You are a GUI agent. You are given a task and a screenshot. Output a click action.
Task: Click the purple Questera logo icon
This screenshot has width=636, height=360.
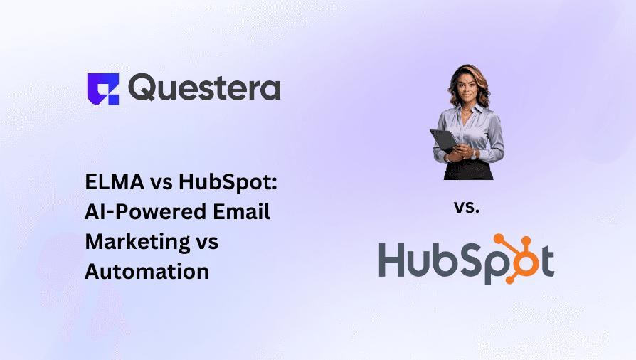[x=103, y=89]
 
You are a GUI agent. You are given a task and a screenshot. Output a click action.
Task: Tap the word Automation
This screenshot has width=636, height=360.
[x=147, y=270]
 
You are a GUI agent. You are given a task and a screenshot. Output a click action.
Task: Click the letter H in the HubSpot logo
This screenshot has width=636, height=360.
[x=394, y=261]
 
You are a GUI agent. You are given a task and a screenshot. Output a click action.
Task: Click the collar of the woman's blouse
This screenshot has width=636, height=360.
[x=467, y=109]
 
